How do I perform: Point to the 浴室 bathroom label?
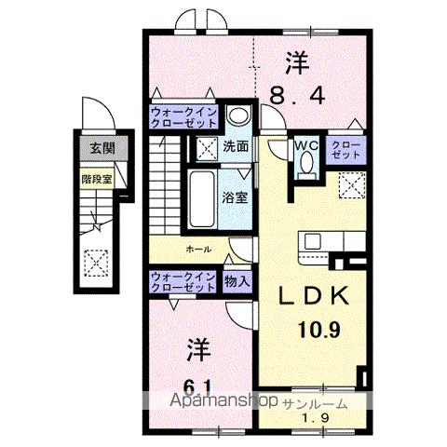click(233, 196)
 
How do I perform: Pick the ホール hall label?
click(196, 250)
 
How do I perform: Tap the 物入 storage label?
click(236, 280)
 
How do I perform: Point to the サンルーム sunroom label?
click(318, 403)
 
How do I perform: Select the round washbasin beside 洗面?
click(237, 117)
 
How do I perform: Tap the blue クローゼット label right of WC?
click(345, 150)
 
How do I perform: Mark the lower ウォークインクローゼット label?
click(184, 280)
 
